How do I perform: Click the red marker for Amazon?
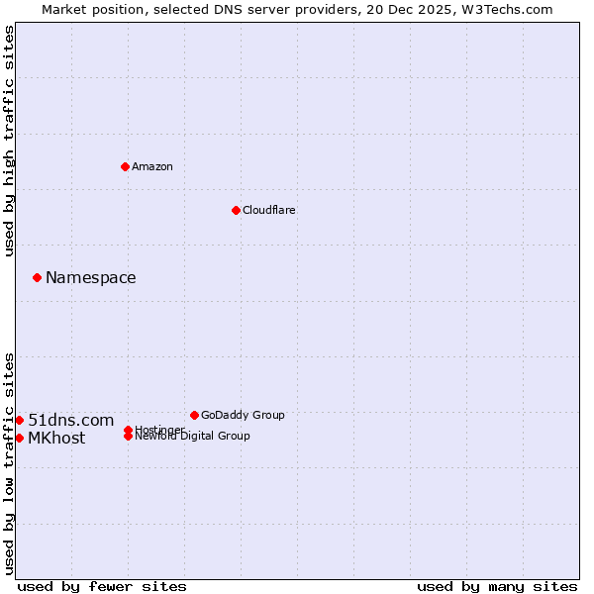125,166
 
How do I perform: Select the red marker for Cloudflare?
236,210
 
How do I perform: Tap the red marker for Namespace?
37,277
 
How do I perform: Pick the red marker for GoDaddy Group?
194,415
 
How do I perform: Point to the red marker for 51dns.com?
19,420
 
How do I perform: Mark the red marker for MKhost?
19,438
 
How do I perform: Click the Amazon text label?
152,166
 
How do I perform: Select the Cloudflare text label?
269,210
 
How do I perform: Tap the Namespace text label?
91,277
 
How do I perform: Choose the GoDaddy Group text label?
243,415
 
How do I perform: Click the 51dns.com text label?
71,420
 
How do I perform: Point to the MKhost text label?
56,438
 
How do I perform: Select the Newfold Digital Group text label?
193,437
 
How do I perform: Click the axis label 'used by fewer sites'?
102,586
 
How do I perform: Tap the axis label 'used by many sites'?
497,586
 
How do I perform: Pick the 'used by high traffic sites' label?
10,141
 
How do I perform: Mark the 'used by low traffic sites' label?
10,462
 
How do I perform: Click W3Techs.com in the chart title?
512,9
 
